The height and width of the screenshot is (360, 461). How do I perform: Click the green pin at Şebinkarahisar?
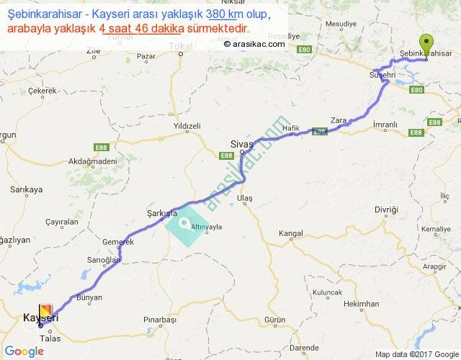tap(427, 44)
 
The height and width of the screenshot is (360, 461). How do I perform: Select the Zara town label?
tap(338, 120)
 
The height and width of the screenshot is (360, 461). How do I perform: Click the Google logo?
tap(24, 351)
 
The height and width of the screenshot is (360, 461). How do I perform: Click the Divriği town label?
tap(386, 210)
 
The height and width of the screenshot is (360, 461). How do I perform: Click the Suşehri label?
tap(382, 75)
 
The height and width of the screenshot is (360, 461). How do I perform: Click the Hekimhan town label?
tap(361, 304)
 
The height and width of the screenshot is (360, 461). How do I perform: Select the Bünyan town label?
tap(89, 297)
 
